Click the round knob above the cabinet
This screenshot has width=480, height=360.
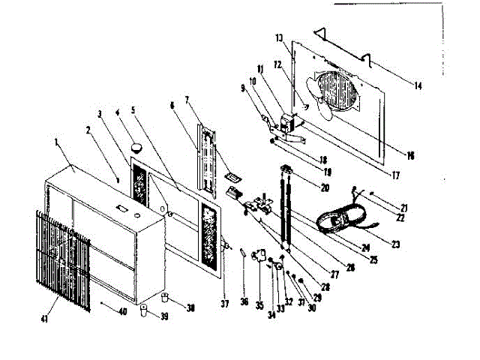pos(137,147)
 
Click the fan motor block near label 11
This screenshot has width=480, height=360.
pos(286,122)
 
